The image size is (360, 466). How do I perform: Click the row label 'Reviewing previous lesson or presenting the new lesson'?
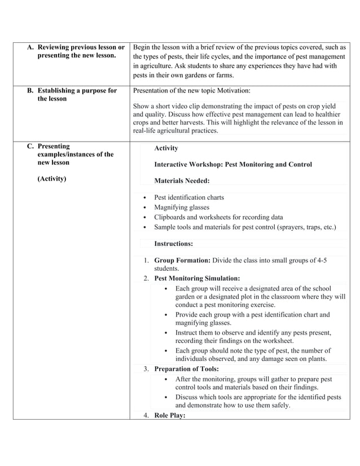(x=80, y=51)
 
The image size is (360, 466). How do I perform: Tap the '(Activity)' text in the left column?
(x=52, y=179)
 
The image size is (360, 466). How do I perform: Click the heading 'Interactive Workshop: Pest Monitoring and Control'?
(x=232, y=164)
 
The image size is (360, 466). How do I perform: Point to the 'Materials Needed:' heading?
(x=182, y=181)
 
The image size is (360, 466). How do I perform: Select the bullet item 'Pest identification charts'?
(x=188, y=197)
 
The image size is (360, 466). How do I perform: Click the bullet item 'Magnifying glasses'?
(x=182, y=207)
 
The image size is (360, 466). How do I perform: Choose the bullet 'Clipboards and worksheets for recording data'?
(x=218, y=217)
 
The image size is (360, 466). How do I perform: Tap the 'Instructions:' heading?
(x=173, y=244)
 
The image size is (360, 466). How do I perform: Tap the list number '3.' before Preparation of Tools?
(x=146, y=369)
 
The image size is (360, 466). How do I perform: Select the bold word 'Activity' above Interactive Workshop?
(x=166, y=148)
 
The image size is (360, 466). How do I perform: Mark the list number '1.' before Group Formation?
(x=146, y=260)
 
